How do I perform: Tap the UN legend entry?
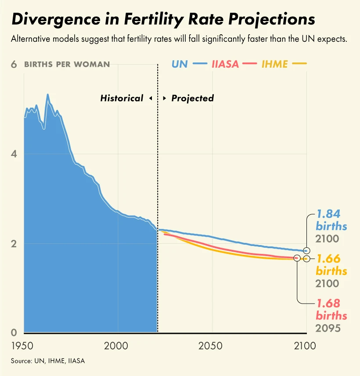[x=180, y=64]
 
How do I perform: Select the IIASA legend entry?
[x=225, y=64]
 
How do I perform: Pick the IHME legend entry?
[x=275, y=64]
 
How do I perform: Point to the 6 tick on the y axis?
[x=14, y=64]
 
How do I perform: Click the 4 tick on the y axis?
[x=14, y=154]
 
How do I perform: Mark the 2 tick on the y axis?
[x=14, y=244]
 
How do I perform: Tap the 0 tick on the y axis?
[x=14, y=333]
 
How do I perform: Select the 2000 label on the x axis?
[x=118, y=346]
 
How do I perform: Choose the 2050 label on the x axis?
[x=212, y=346]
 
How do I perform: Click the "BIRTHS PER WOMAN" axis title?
[x=67, y=65]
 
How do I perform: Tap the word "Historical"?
[x=122, y=98]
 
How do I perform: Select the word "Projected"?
[x=192, y=98]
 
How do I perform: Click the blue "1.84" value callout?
[x=329, y=215]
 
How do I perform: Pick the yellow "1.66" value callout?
[x=329, y=259]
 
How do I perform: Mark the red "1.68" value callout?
[x=329, y=304]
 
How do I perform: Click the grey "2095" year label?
[x=327, y=328]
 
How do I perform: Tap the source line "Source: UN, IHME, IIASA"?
[x=48, y=361]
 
